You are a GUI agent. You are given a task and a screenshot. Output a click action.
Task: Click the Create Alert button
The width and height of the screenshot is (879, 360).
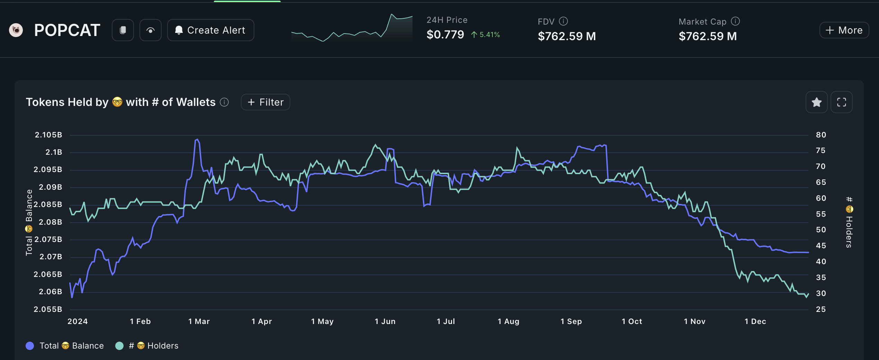point(210,30)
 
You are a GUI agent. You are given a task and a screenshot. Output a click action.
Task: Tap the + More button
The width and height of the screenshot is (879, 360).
point(844,30)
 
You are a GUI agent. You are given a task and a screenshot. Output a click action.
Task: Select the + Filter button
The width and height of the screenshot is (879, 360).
point(265,102)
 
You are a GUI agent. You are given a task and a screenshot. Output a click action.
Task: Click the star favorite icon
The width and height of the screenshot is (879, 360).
point(816,102)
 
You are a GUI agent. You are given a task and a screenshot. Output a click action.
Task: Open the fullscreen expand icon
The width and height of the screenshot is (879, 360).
point(841,102)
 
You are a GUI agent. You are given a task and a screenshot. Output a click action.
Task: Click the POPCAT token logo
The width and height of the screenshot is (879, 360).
point(16,30)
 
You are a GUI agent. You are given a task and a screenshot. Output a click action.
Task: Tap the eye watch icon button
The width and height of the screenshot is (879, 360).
point(150,30)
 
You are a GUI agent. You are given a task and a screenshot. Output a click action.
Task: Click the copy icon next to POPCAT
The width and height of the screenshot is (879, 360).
point(123,30)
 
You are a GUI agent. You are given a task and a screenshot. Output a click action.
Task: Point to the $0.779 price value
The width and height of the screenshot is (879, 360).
point(445,35)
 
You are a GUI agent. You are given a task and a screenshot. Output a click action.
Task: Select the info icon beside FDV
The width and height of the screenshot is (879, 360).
point(563,21)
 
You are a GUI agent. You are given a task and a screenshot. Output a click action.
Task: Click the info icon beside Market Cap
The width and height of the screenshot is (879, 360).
point(735,21)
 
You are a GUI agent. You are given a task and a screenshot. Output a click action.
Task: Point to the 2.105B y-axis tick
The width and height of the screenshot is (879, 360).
point(48,135)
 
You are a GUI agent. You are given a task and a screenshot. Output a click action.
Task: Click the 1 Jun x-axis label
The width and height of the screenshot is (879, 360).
point(385,321)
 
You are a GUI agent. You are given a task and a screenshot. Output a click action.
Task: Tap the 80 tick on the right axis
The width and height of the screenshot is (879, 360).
point(821,135)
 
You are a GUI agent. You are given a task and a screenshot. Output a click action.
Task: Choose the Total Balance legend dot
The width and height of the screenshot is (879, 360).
point(30,345)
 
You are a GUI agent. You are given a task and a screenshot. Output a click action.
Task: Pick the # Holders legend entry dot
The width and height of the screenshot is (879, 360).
point(119,345)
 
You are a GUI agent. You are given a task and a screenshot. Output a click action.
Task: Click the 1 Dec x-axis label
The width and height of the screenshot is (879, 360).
point(755,321)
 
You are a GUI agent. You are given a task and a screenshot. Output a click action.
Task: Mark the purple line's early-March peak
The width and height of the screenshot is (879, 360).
point(197,139)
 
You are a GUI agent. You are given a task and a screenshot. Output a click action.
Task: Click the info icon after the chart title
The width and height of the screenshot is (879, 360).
point(224,102)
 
